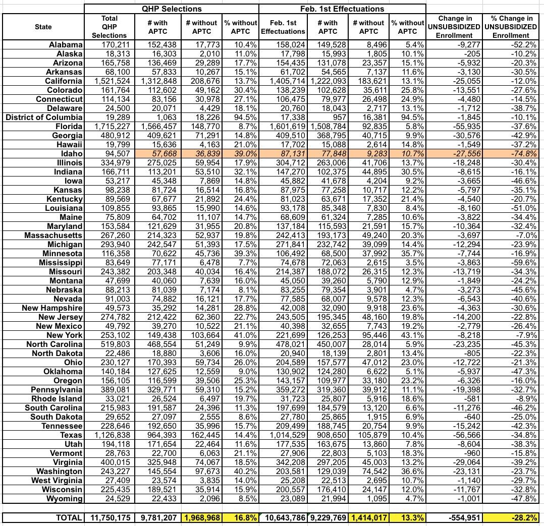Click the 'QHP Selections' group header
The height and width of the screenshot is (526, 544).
pyautogui.click(x=172, y=9)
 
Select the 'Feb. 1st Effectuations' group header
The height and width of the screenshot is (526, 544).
pyautogui.click(x=342, y=9)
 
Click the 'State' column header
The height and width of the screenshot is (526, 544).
pyautogui.click(x=43, y=27)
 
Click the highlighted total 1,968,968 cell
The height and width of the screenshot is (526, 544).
pyautogui.click(x=201, y=517)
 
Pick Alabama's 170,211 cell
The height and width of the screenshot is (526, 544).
pyautogui.click(x=110, y=45)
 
